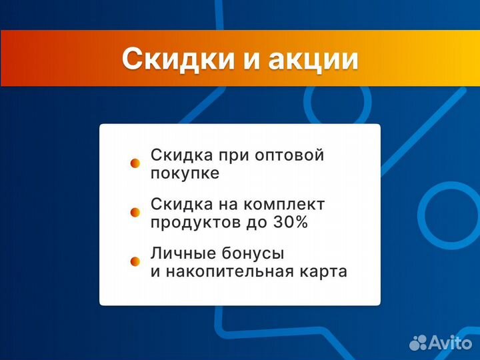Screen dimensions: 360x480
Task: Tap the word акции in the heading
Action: [313, 59]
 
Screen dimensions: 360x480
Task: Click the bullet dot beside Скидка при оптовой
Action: [135, 163]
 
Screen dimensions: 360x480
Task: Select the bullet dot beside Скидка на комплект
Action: [135, 212]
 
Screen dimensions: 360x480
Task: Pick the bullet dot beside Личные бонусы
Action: [135, 261]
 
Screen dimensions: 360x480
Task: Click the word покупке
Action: [185, 173]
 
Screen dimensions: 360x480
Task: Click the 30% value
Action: [290, 223]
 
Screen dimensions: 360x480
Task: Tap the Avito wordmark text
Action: [449, 342]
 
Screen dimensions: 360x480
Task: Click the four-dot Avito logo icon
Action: [418, 342]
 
